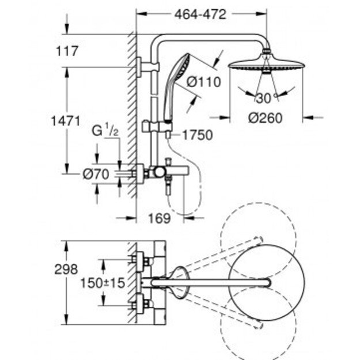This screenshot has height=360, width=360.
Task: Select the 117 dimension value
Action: coord(67,52)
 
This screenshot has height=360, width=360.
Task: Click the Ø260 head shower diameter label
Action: coord(266,118)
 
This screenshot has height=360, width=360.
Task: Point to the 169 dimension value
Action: coord(163,218)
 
